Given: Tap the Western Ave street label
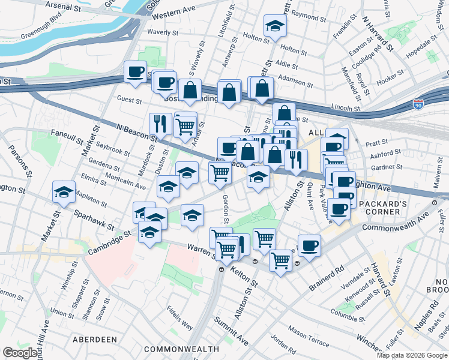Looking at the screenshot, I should (x=179, y=12).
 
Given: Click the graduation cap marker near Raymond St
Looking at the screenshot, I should (x=275, y=26).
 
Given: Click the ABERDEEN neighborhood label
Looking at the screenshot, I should (x=95, y=339).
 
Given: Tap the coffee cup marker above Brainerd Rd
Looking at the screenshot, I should (x=309, y=245).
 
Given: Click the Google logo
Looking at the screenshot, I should (x=20, y=352).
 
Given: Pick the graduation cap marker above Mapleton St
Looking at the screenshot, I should (x=64, y=191).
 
